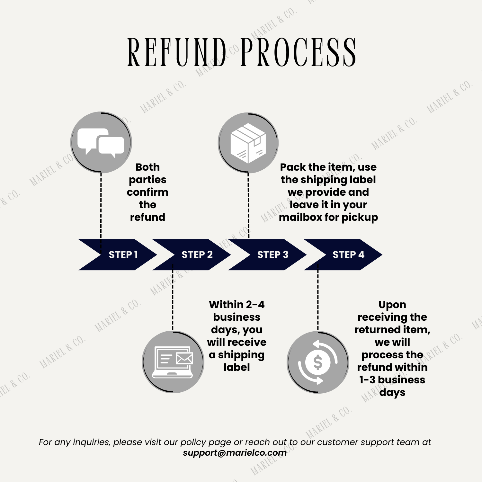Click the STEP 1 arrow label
click(x=123, y=254)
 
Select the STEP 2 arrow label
click(x=197, y=254)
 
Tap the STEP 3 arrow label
click(x=273, y=254)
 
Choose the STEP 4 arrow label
click(x=349, y=254)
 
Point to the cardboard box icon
click(x=248, y=143)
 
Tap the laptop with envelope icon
click(x=173, y=362)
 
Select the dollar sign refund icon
click(x=318, y=362)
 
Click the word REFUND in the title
click(x=177, y=52)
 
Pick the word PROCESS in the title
click(x=299, y=52)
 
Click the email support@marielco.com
click(x=235, y=453)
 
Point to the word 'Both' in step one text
click(x=147, y=167)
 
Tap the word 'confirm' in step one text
click(x=147, y=192)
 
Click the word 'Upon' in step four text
click(x=392, y=305)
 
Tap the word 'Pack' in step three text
click(x=293, y=167)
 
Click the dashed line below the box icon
click(x=248, y=206)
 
